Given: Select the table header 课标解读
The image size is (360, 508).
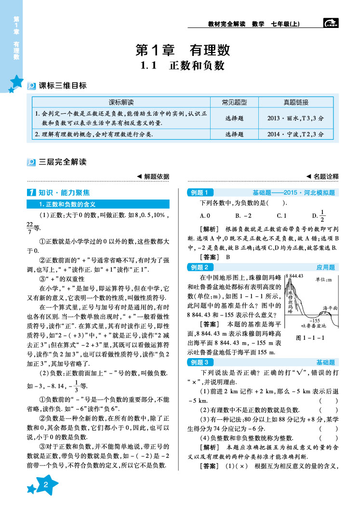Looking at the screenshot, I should tap(121, 102).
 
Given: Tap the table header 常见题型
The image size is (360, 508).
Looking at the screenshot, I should tap(234, 102).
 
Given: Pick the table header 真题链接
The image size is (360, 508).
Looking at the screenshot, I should tap(295, 102).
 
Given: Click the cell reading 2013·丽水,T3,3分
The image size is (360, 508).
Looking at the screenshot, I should tap(295, 118).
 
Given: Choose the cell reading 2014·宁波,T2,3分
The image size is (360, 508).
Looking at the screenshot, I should tap(295, 134).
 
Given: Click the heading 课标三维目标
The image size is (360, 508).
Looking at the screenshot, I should tap(62, 86).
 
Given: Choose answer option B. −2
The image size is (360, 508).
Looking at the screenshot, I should tap(243, 216).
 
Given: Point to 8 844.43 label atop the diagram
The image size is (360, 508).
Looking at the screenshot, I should tap(294, 276).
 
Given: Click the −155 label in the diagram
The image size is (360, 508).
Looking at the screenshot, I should tap(314, 320).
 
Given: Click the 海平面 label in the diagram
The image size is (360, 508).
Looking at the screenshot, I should tap(330, 307).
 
